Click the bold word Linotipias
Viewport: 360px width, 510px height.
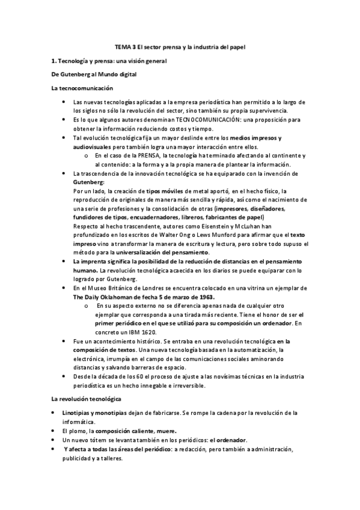click(79, 413)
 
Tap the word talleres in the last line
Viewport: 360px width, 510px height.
click(111, 457)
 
